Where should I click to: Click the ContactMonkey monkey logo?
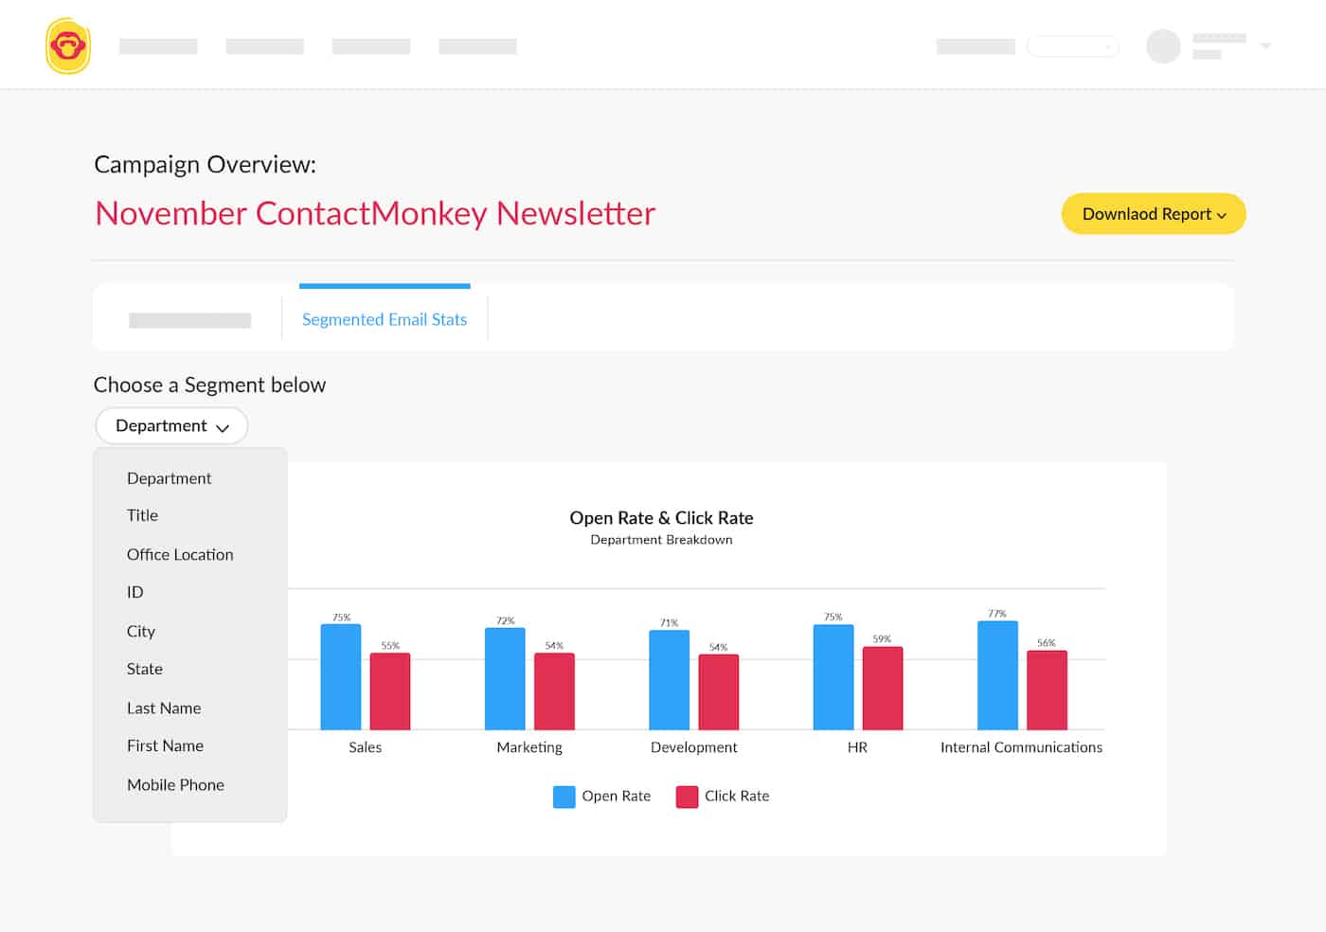pyautogui.click(x=67, y=45)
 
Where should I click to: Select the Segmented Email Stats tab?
pyautogui.click(x=384, y=319)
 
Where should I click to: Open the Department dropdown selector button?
pyautogui.click(x=171, y=426)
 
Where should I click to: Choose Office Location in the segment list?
pyautogui.click(x=180, y=554)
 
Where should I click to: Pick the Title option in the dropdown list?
pyautogui.click(x=142, y=515)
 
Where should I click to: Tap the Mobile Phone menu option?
pyautogui.click(x=175, y=784)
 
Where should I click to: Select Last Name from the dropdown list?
pyautogui.click(x=164, y=708)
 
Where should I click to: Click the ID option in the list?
pyautogui.click(x=135, y=592)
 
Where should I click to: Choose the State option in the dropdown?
pyautogui.click(x=145, y=669)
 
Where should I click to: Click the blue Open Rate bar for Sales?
pyautogui.click(x=341, y=676)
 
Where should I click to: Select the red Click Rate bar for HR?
pyautogui.click(x=882, y=688)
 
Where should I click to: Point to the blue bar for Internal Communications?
pyautogui.click(x=997, y=674)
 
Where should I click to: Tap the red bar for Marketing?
pyautogui.click(x=554, y=690)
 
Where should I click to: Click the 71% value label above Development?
pyautogui.click(x=670, y=623)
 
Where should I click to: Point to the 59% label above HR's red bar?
pyautogui.click(x=882, y=639)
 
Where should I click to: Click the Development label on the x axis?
pyautogui.click(x=693, y=747)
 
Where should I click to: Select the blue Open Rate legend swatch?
pyautogui.click(x=564, y=797)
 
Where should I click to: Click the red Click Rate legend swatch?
pyautogui.click(x=687, y=797)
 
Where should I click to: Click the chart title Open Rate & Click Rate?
pyautogui.click(x=661, y=518)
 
